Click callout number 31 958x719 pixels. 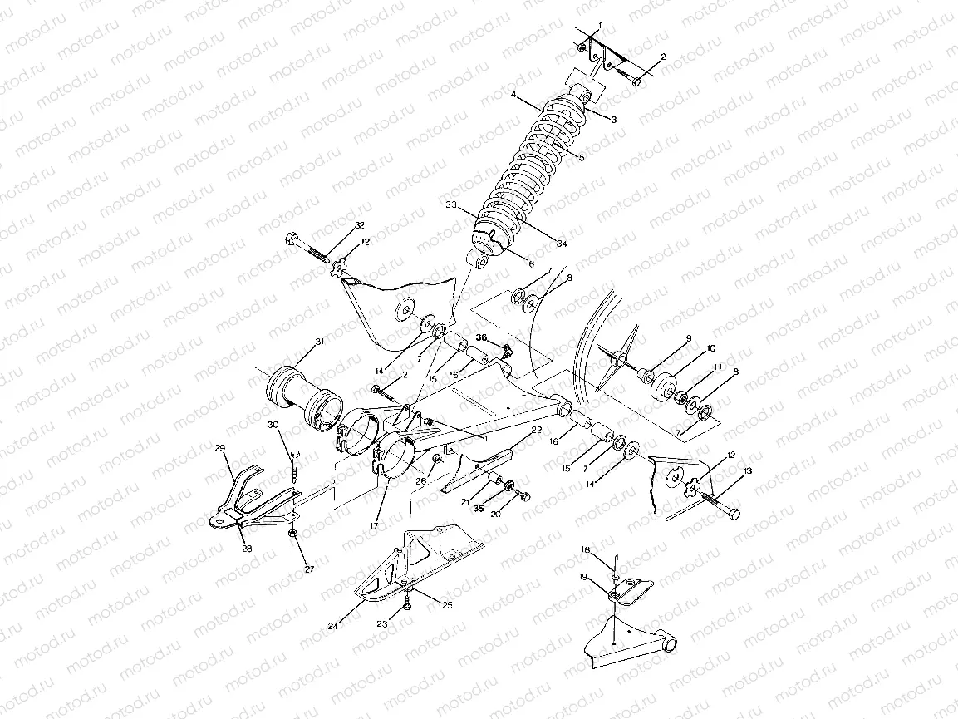[x=320, y=342]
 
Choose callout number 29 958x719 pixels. [x=220, y=449]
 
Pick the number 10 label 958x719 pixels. [x=688, y=348]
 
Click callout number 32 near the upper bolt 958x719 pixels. [x=359, y=226]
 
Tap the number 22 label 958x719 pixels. [x=536, y=430]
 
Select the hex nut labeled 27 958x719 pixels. [x=292, y=533]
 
